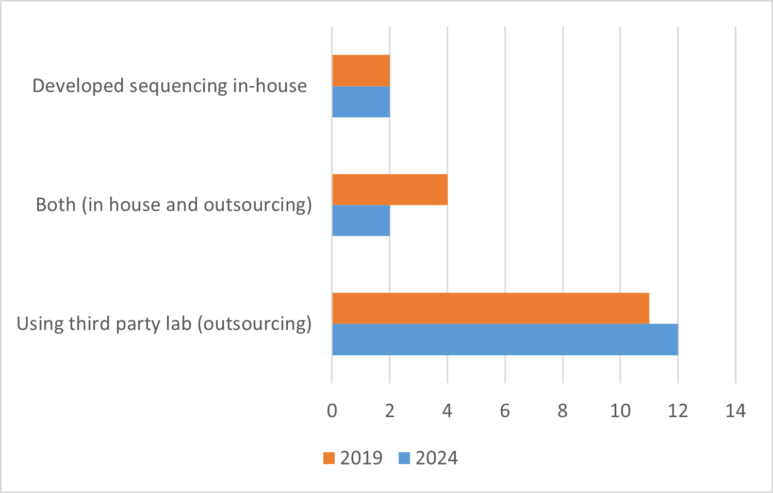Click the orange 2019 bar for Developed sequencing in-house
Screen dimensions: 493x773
(361, 70)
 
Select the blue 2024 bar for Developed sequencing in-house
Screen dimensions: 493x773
(361, 102)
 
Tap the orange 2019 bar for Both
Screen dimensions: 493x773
(390, 189)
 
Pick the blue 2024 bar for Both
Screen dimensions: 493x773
(361, 220)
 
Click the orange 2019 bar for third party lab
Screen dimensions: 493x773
(490, 308)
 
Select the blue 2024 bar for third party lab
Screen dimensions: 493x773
(505, 340)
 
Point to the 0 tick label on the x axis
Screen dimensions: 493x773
(332, 411)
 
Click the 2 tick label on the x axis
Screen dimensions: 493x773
(390, 411)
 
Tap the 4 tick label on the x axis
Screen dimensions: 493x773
(447, 411)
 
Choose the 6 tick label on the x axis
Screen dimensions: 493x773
(505, 411)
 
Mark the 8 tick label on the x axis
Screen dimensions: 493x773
(563, 411)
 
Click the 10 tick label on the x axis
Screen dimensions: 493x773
(620, 411)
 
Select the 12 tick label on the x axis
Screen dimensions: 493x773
(678, 411)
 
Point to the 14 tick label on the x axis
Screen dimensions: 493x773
(735, 411)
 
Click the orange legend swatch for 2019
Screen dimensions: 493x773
(329, 458)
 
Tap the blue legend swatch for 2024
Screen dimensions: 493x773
(404, 458)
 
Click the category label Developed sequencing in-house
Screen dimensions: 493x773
(170, 86)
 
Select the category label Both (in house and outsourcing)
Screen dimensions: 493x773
(174, 205)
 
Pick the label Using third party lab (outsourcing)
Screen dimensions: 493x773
(164, 324)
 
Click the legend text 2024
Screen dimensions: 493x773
(436, 458)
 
